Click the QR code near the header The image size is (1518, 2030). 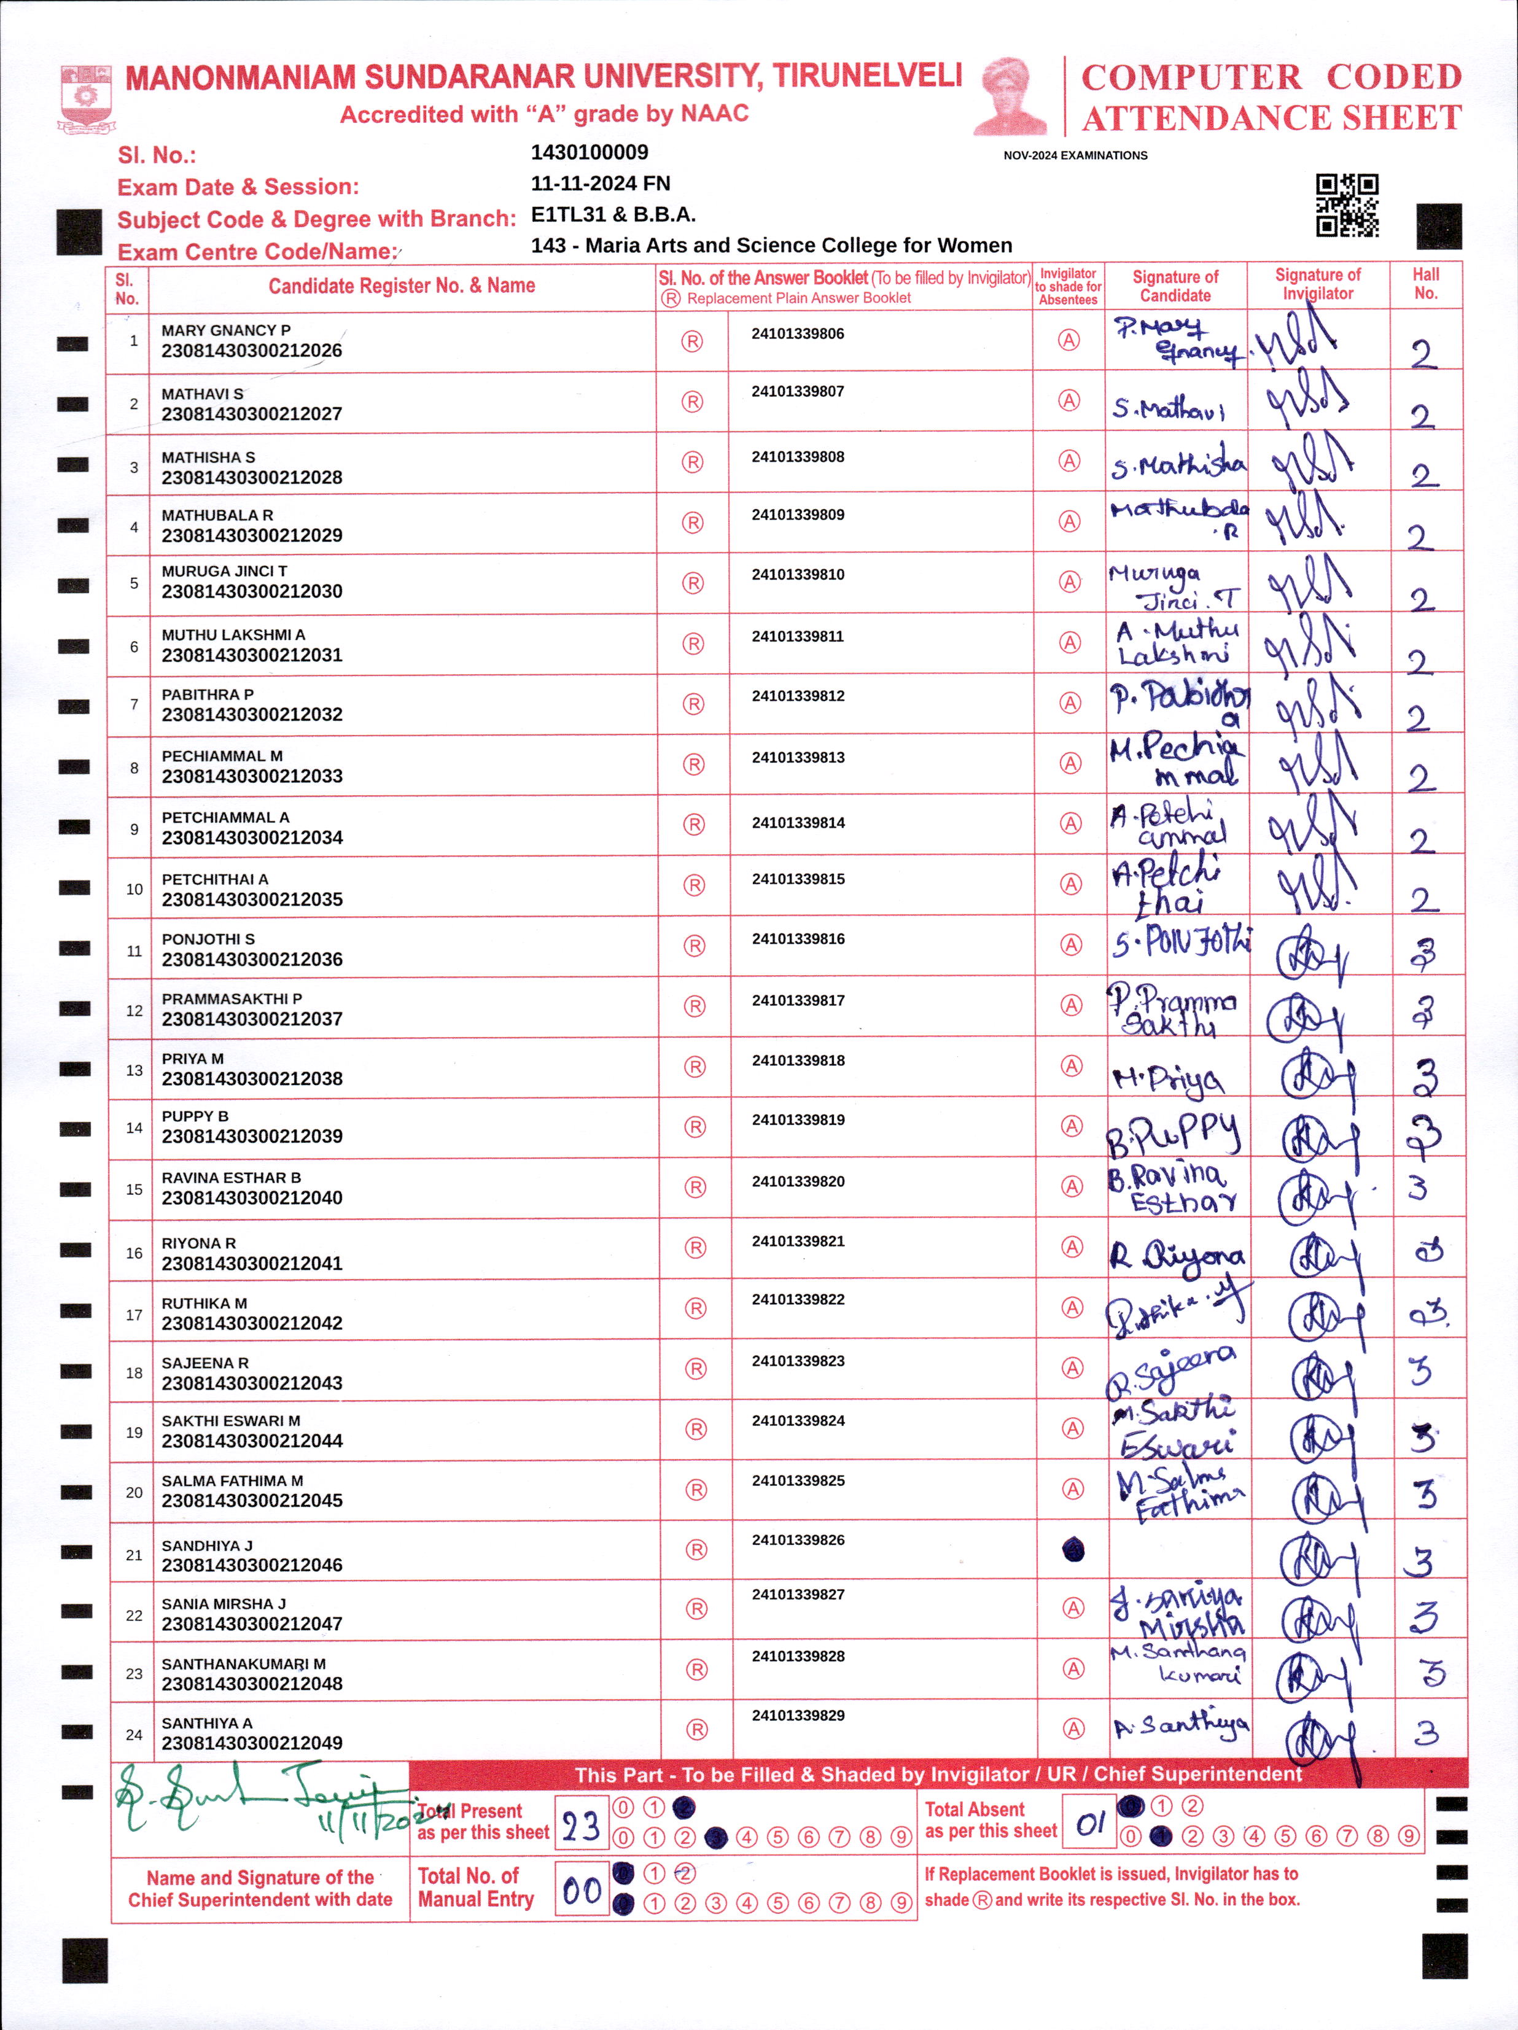tap(1347, 206)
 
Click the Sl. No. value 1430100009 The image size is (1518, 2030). tap(590, 152)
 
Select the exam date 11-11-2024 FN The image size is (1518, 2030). tap(600, 184)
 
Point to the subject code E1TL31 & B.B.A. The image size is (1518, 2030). tap(613, 215)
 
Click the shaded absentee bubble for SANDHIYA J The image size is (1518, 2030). tap(1073, 1550)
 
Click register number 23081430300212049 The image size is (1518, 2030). tap(252, 1743)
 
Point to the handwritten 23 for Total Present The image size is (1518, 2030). tap(581, 1826)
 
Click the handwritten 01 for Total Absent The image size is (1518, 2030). tap(1089, 1824)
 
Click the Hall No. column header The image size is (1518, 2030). tap(1425, 284)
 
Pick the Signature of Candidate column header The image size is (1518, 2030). tap(1175, 286)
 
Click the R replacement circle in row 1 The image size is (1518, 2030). tap(692, 341)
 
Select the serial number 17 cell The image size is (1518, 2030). tap(134, 1315)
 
